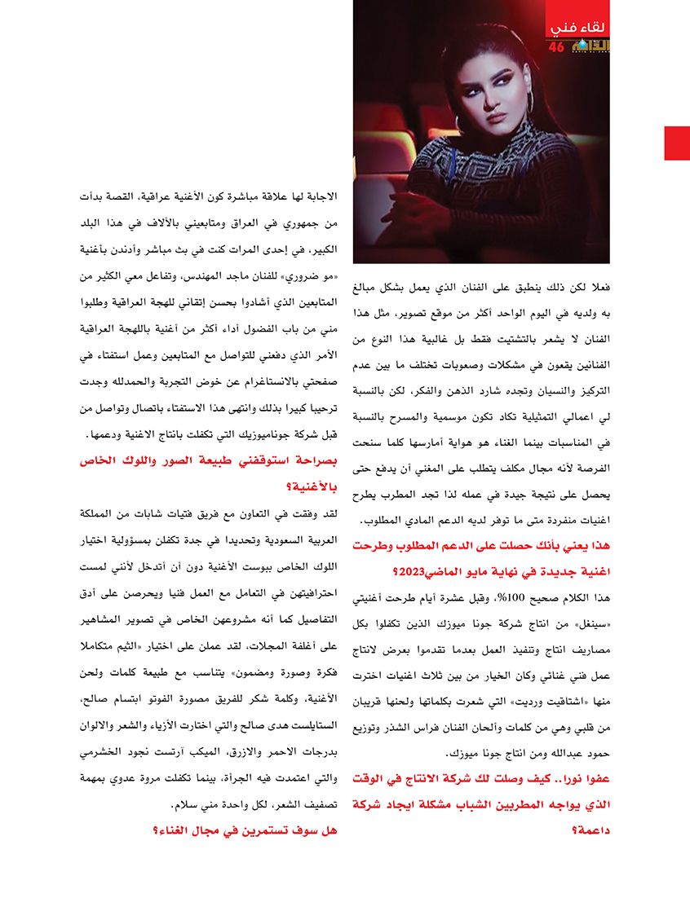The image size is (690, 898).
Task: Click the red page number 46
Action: [556, 47]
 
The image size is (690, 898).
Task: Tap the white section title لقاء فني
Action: [577, 29]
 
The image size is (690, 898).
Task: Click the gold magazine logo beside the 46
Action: [589, 46]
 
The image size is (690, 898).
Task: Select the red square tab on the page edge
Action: [677, 143]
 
